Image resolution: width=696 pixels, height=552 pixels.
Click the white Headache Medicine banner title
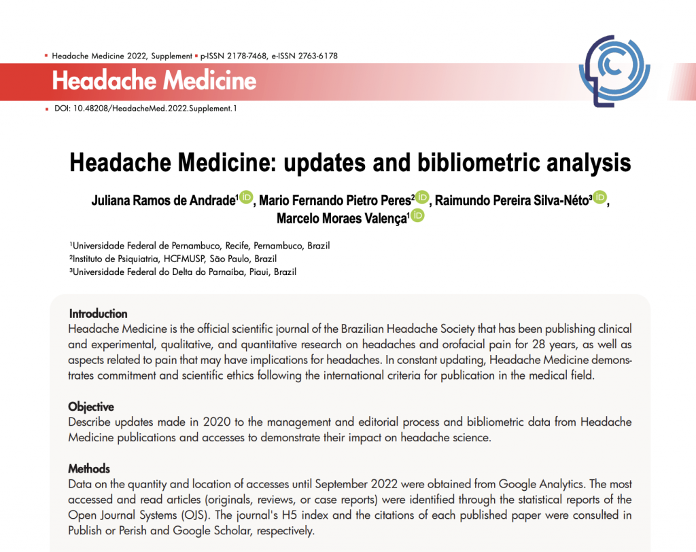tap(154, 81)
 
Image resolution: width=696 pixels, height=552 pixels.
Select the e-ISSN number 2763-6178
tap(314, 56)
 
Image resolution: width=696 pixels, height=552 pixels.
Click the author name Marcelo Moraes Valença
tap(341, 218)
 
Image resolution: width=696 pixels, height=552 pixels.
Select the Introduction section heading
tap(98, 314)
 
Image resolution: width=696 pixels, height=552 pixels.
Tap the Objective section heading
tap(91, 407)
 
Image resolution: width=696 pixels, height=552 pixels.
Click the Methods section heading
tap(89, 468)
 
